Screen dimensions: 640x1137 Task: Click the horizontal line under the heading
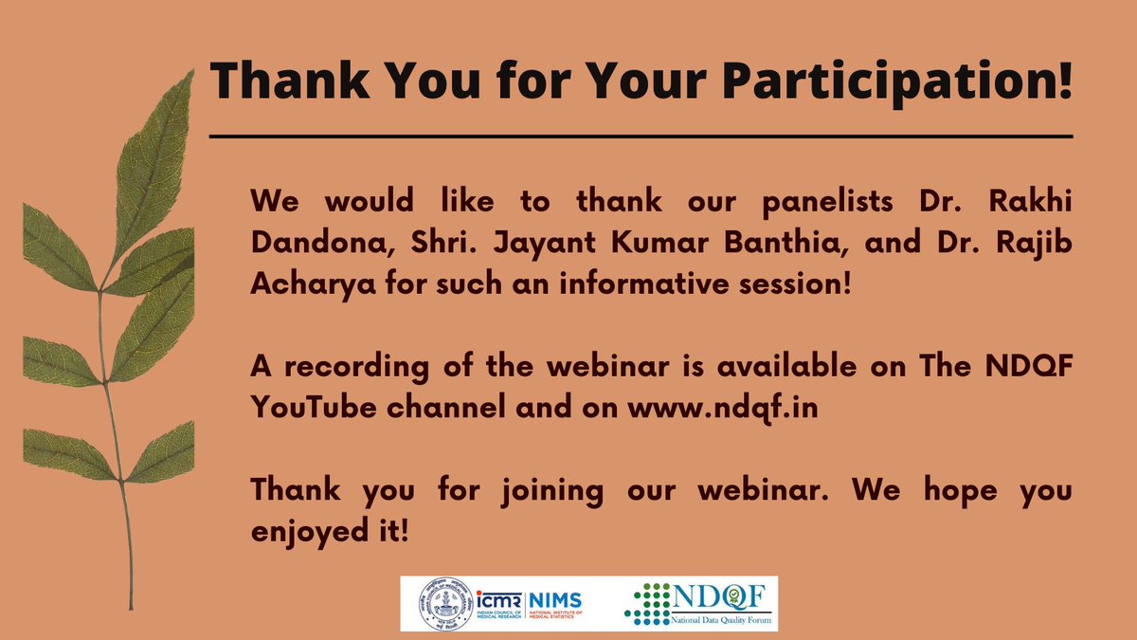click(641, 137)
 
